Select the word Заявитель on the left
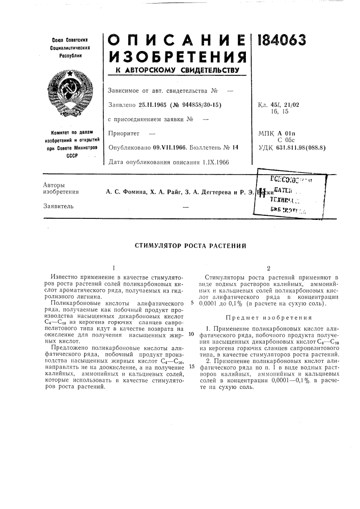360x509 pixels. pyautogui.click(x=56, y=206)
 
